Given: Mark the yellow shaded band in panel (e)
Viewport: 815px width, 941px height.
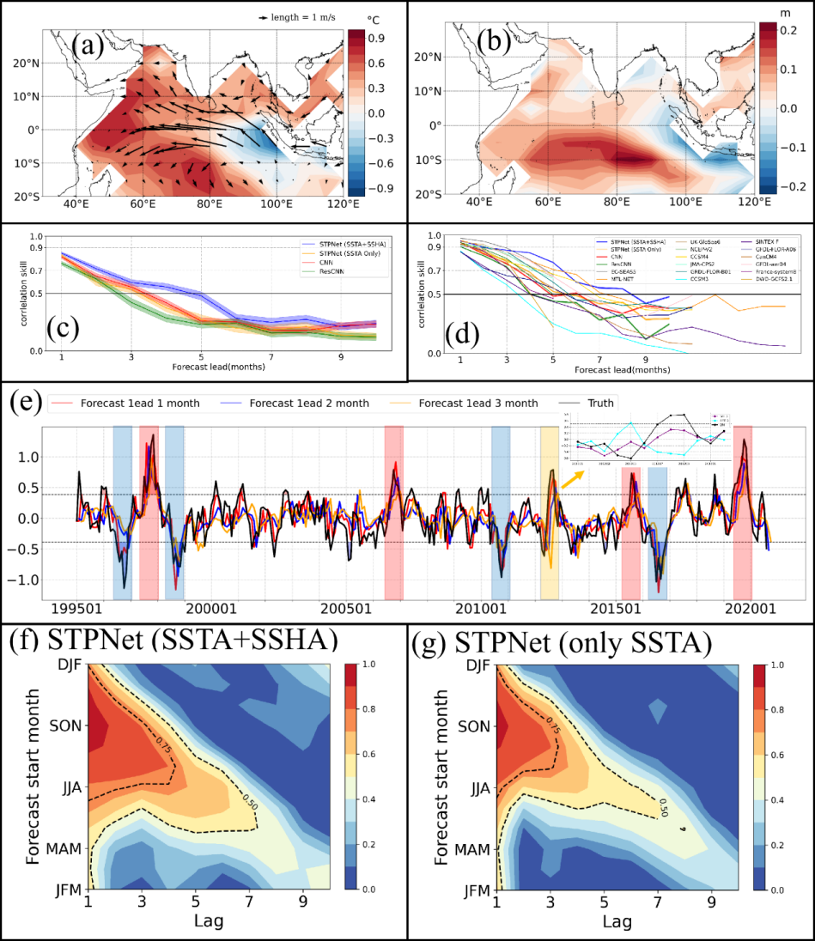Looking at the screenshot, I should (x=549, y=512).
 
